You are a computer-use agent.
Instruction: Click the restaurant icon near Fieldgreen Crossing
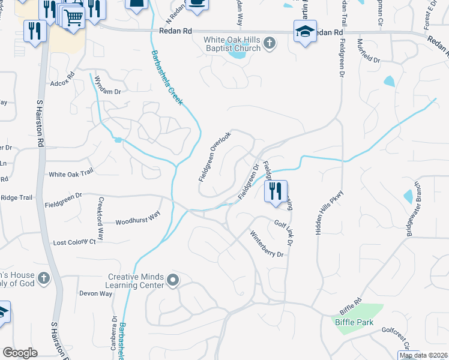coord(276,191)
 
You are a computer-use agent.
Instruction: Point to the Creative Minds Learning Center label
coord(136,281)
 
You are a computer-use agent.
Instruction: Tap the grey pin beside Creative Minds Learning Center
coord(173,280)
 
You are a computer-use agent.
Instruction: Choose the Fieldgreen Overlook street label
coord(214,157)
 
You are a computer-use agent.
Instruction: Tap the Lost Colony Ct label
coord(74,242)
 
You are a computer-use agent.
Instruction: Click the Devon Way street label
coord(96,293)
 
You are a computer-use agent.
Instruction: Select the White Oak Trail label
coord(71,173)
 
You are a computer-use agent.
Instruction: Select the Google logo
coord(20,353)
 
